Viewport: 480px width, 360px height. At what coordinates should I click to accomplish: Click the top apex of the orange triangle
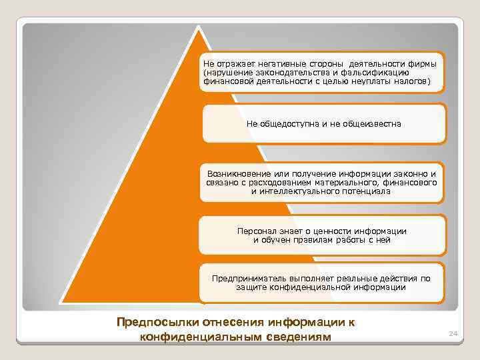click(198, 27)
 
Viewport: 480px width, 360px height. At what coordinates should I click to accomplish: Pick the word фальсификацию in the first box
click(383, 72)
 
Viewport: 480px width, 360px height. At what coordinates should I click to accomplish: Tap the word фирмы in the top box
click(423, 63)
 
